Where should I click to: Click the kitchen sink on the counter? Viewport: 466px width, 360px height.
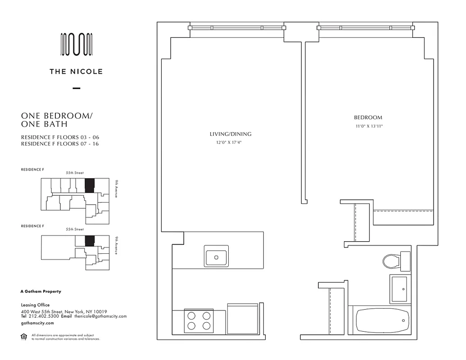coord(216,257)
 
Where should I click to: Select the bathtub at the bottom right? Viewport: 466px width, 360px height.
coord(382,321)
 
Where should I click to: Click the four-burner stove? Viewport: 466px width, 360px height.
coord(198,320)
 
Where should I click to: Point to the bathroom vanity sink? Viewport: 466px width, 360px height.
coord(399,289)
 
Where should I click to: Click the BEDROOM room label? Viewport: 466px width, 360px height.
coord(368,118)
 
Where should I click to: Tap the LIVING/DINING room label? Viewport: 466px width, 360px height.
coord(230,134)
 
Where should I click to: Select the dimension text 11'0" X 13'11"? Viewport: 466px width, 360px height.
coord(368,126)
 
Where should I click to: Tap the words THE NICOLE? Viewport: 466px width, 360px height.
coord(76,71)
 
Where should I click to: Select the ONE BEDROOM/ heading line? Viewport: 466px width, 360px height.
coord(56,116)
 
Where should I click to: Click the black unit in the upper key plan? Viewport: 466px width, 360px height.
coord(90,185)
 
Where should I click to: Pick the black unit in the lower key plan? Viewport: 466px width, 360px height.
coord(90,241)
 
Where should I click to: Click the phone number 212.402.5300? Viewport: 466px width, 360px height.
coord(43,316)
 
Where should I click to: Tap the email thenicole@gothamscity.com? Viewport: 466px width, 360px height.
coord(100,316)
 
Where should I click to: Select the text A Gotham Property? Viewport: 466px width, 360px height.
coord(41,292)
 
